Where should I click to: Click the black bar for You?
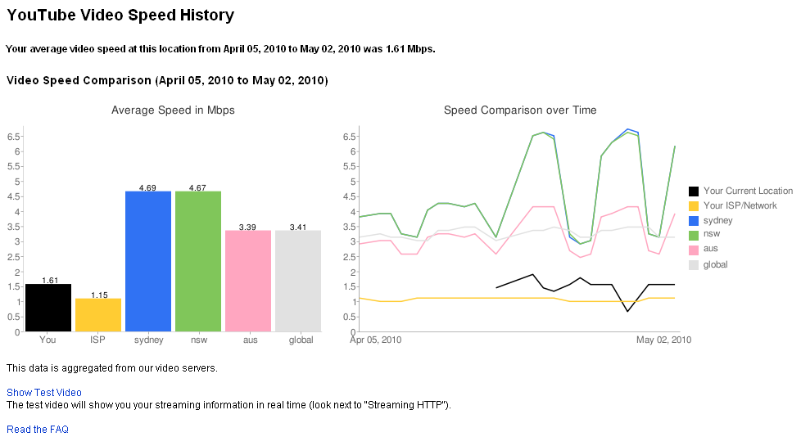pos(48,308)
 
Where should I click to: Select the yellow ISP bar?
pos(98,315)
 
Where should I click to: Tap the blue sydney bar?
pos(148,261)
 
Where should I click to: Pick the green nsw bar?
pos(198,261)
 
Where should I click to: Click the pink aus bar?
pos(248,281)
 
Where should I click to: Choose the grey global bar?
pos(298,281)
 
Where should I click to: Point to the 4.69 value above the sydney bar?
pos(148,187)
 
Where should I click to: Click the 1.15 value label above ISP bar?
pos(98,295)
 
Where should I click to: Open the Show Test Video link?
pos(44,393)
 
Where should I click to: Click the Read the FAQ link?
pos(38,430)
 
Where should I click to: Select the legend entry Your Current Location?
pos(748,191)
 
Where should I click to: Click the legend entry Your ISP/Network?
pos(740,205)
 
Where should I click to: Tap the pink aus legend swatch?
pos(695,250)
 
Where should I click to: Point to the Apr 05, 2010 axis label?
pos(376,340)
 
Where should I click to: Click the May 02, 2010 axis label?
pos(663,340)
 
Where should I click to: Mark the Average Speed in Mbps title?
pos(173,110)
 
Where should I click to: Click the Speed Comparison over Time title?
pos(520,110)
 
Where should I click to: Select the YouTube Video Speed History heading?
pos(120,16)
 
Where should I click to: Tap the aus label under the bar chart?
pos(250,340)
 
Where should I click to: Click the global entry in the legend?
pos(715,264)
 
